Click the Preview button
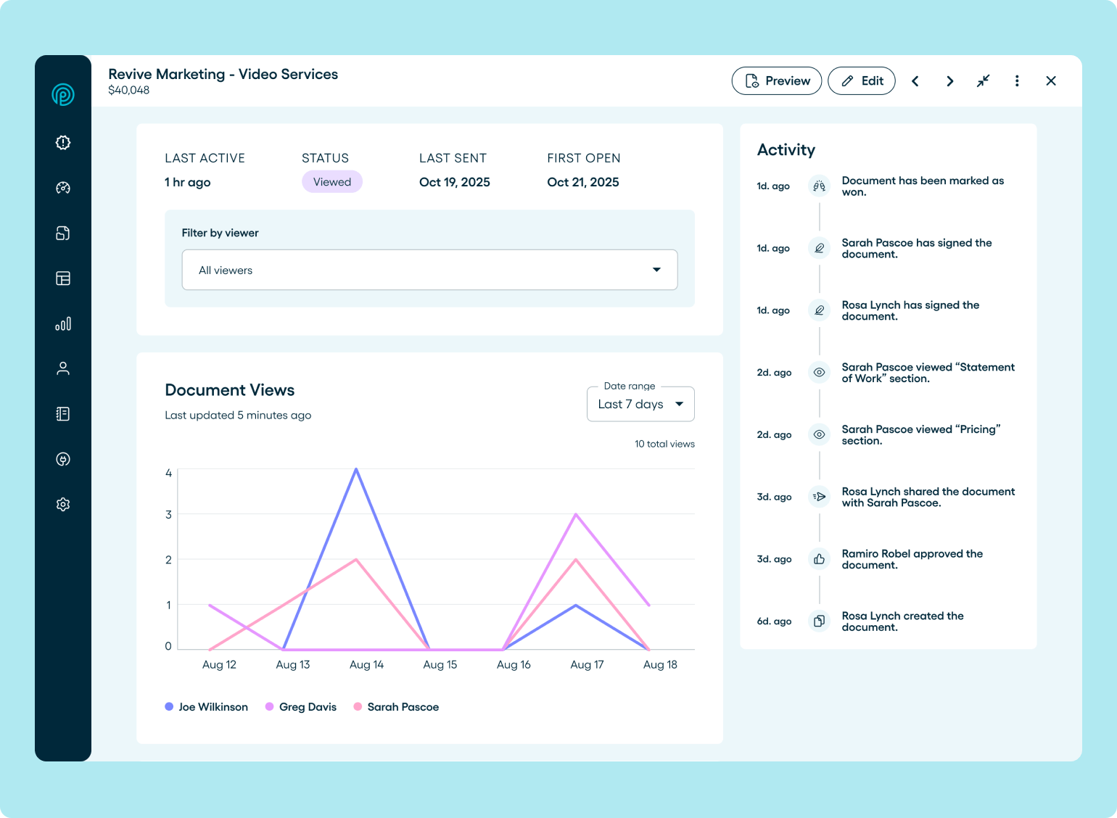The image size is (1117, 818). [776, 81]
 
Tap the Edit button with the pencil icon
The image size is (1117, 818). [862, 81]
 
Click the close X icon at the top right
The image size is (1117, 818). [1051, 81]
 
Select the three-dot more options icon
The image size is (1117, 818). [1017, 81]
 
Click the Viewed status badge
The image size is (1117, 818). [332, 182]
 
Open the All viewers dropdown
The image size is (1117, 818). [429, 270]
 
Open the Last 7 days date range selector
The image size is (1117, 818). [640, 404]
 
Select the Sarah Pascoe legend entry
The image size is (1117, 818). [396, 707]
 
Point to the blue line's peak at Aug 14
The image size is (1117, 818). [356, 469]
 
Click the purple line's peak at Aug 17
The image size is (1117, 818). [576, 514]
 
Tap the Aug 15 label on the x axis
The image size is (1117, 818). [440, 665]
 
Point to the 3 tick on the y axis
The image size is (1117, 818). [169, 515]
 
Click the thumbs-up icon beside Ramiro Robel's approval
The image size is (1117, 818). [819, 559]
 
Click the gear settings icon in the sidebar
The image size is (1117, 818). [63, 505]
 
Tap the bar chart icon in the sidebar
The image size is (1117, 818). [63, 323]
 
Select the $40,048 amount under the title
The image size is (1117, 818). [129, 91]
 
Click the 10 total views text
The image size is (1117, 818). [664, 444]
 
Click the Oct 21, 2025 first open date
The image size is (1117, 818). [583, 182]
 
